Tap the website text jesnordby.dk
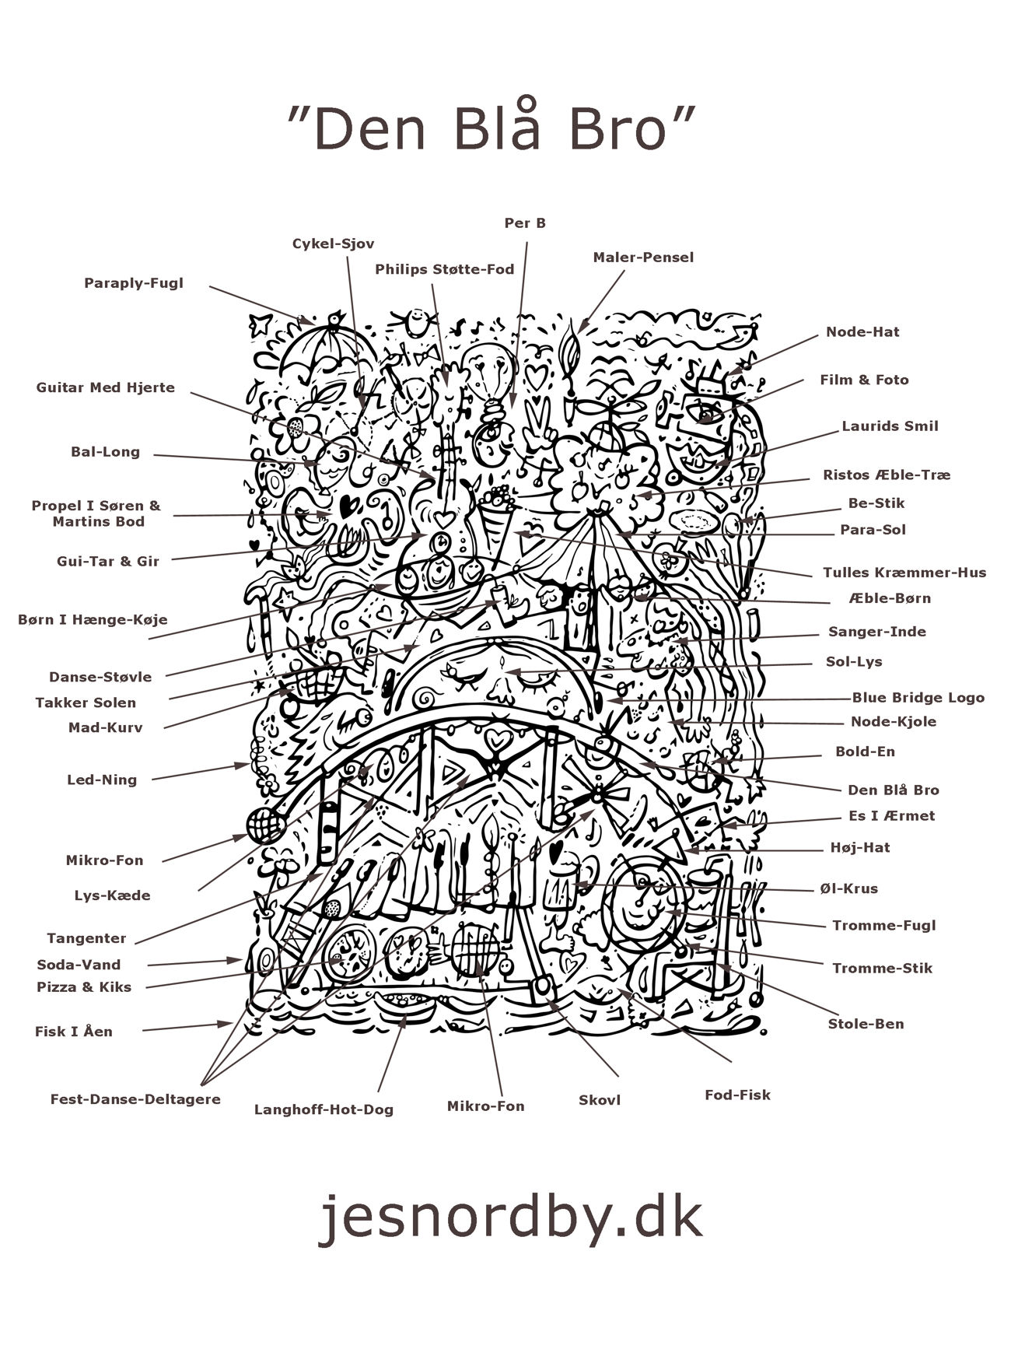pos(510,1218)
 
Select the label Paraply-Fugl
pos(134,283)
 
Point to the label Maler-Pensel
pos(642,258)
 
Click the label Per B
pos(525,223)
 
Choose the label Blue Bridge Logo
pos(918,698)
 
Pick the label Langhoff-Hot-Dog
pos(324,1109)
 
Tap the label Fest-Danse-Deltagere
pos(135,1099)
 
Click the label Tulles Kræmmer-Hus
pos(904,573)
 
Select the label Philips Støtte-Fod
pos(444,270)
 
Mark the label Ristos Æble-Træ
pos(886,475)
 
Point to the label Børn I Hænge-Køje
pos(93,620)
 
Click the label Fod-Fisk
pos(737,1095)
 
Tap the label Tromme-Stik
pos(882,969)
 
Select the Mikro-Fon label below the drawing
pos(485,1106)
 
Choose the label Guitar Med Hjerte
pos(105,387)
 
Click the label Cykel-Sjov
pos(333,244)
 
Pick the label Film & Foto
pos(864,380)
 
